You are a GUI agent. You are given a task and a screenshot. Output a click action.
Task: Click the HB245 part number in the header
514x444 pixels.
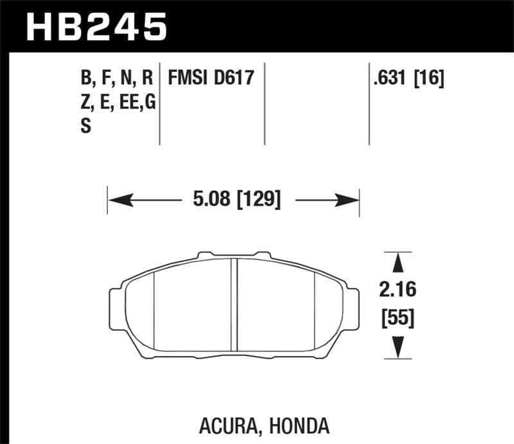point(96,27)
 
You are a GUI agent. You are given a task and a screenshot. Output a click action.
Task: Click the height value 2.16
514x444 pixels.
point(398,290)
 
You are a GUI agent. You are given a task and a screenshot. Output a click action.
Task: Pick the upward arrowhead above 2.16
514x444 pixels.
point(398,263)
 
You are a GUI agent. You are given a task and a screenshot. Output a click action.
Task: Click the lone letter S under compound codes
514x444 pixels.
point(85,126)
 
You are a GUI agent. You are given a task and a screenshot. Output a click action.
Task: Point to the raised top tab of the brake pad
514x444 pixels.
point(235,256)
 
